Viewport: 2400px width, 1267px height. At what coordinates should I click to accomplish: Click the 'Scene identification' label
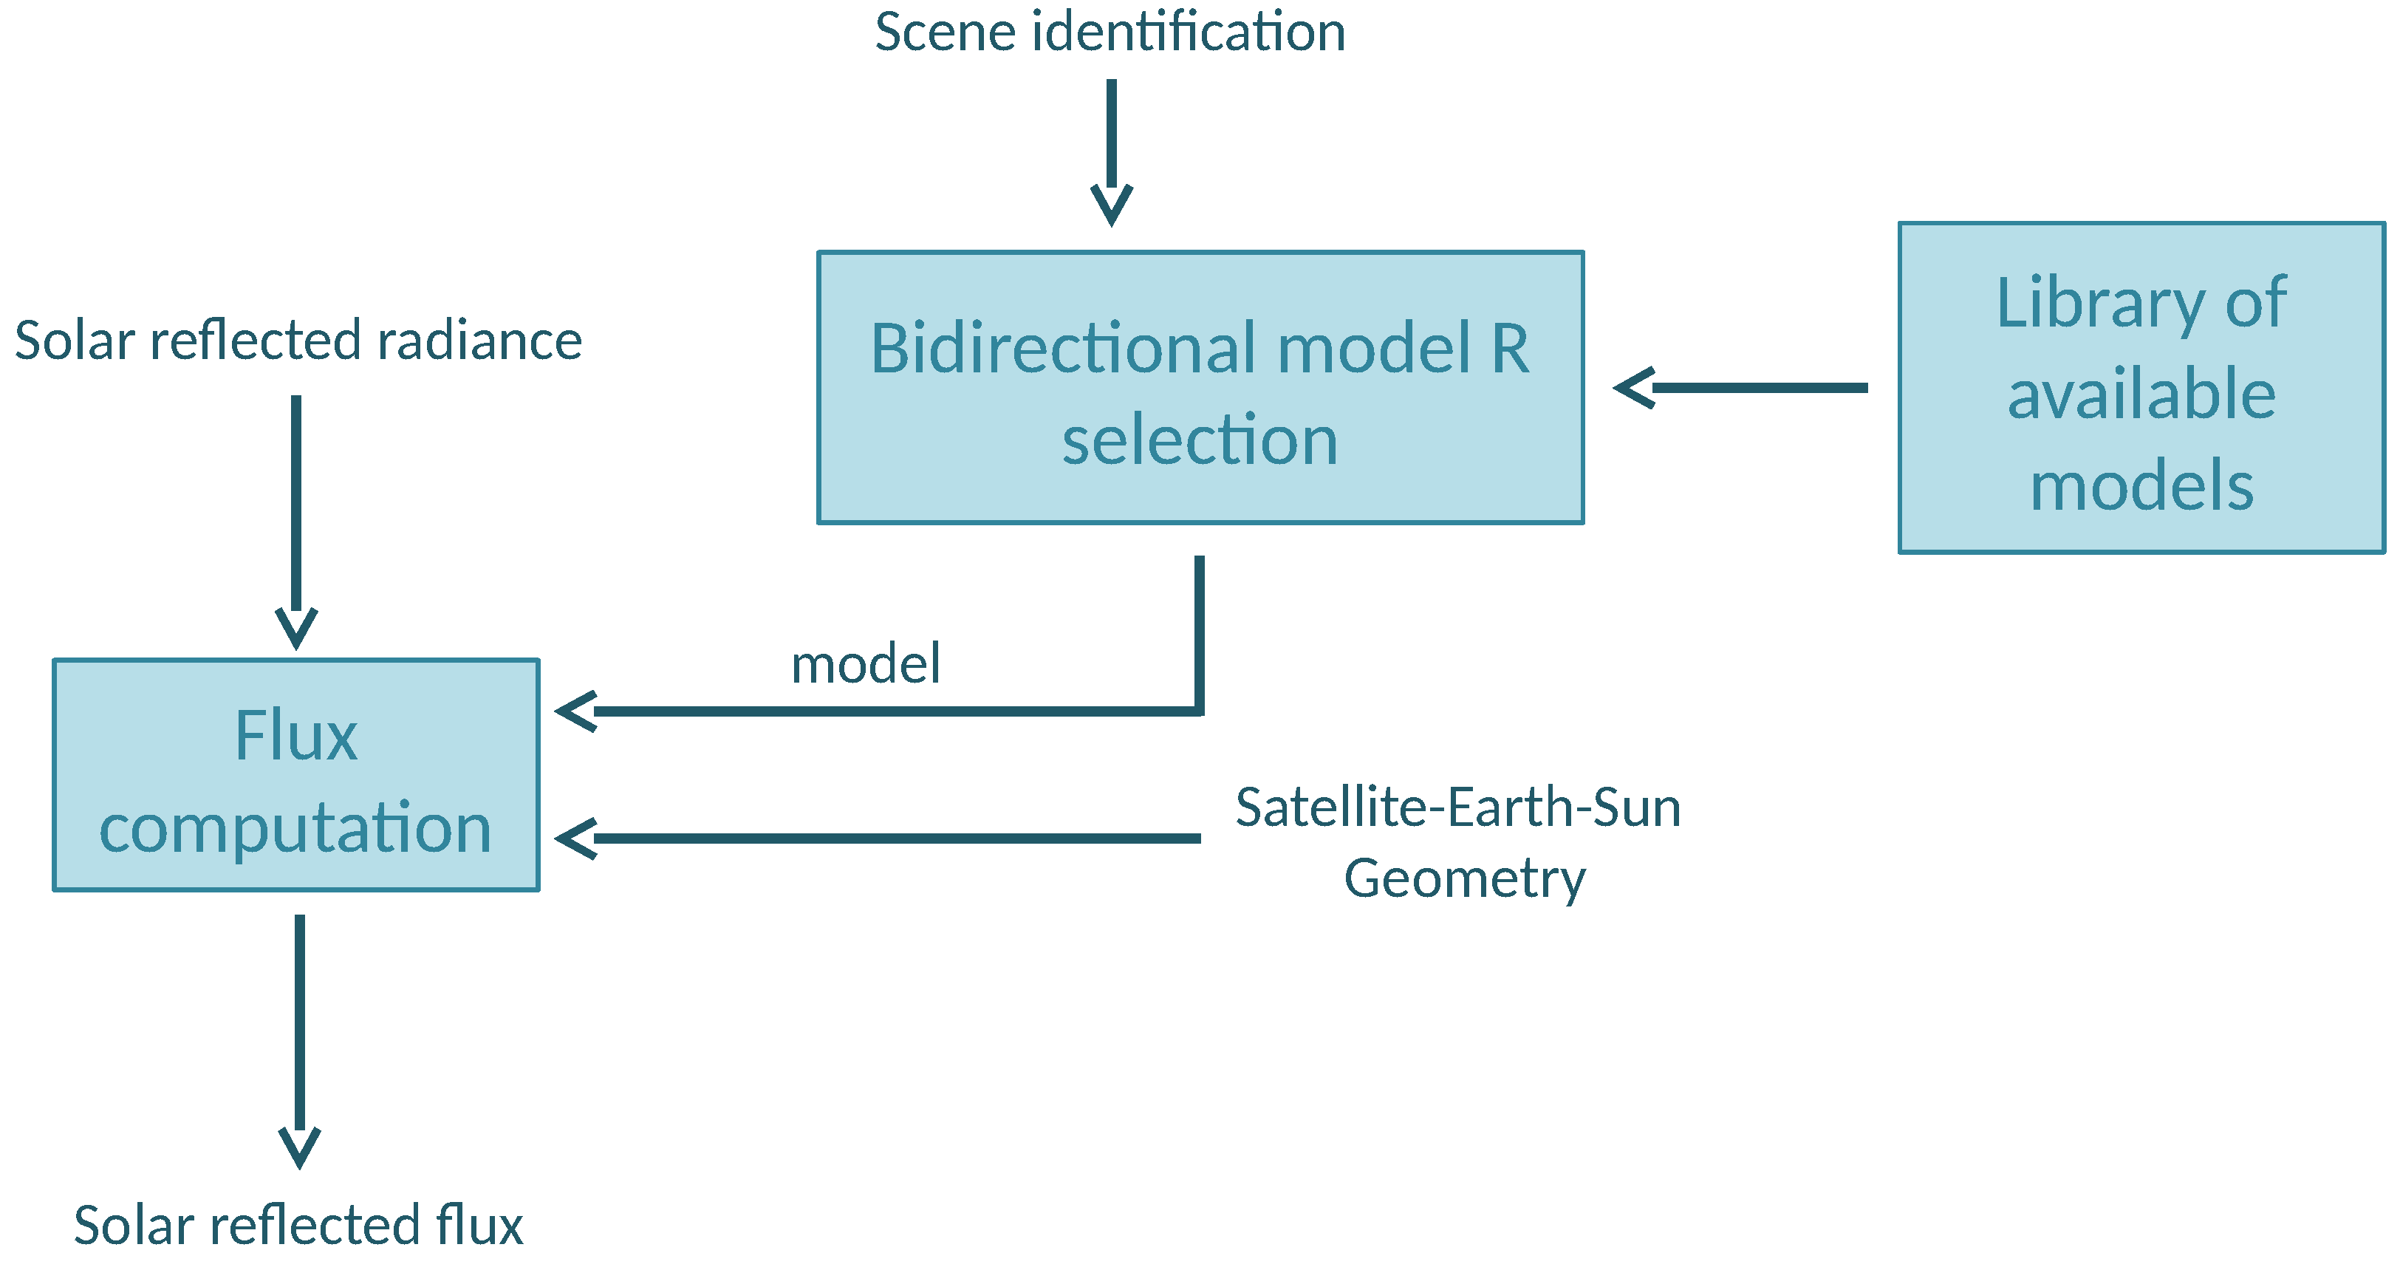[x=1110, y=33]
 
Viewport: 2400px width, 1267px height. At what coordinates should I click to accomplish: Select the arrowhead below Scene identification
[x=1112, y=204]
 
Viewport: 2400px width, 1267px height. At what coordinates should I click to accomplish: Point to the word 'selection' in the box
[x=1200, y=440]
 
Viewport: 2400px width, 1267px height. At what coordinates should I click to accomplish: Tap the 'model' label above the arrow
[x=866, y=665]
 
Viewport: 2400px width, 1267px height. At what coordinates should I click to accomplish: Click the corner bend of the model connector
[x=1199, y=711]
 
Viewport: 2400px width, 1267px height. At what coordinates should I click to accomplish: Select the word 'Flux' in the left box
[x=295, y=736]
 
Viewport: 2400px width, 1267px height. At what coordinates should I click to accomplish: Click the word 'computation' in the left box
[x=295, y=828]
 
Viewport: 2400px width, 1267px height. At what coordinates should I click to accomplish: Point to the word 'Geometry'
[x=1465, y=878]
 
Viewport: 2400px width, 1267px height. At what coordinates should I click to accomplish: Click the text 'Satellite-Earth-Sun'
[x=1458, y=807]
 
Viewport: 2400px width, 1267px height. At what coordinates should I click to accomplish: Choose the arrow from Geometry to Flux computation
[x=876, y=839]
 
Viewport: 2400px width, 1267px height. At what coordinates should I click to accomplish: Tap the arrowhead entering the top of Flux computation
[x=296, y=628]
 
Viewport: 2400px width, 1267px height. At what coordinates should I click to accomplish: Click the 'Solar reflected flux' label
[x=298, y=1226]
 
